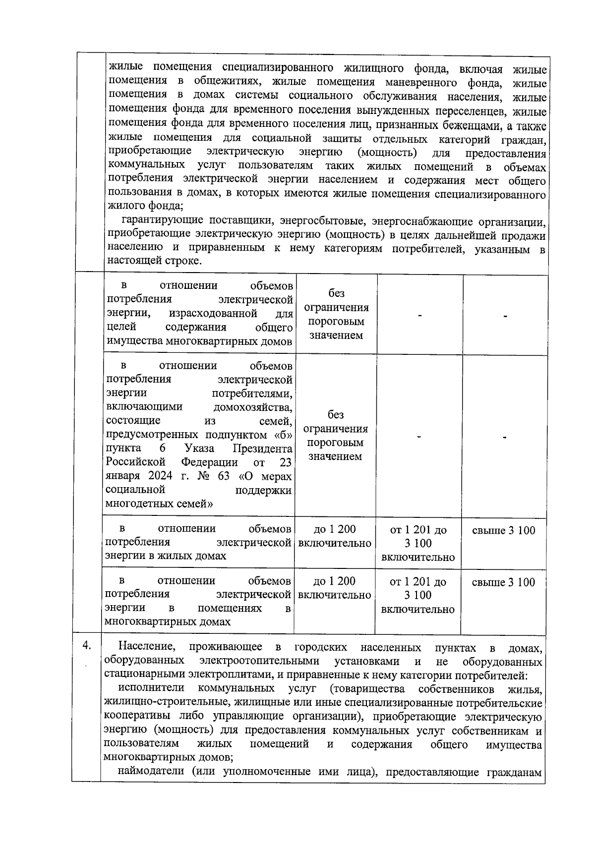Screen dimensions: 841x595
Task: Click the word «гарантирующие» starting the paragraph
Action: coord(161,221)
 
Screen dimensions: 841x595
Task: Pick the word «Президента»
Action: coord(263,449)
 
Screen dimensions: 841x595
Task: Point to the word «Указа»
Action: coord(199,449)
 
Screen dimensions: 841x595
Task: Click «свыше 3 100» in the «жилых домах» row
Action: coord(503,531)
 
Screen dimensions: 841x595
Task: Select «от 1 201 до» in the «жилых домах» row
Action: coord(418,531)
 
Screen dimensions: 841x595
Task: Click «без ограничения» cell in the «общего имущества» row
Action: coord(336,301)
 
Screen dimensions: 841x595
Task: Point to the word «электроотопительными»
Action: coord(260,661)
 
